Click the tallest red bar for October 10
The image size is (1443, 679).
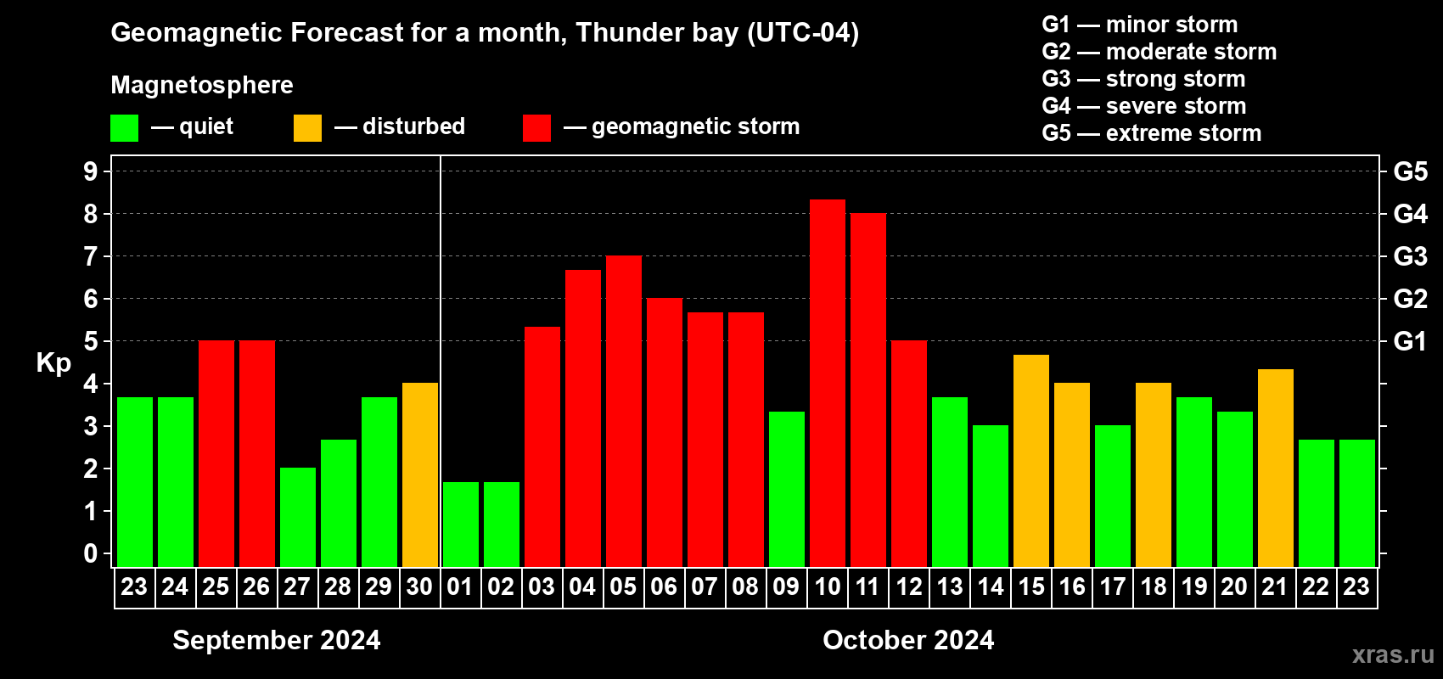827,383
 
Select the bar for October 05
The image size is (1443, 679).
624,411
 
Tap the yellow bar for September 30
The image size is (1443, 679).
420,474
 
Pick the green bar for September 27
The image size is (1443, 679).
298,517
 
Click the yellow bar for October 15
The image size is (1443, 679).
1030,461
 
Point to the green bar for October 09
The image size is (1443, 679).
787,489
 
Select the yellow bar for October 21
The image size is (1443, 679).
1276,468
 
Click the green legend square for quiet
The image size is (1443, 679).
124,127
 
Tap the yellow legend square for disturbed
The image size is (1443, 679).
307,127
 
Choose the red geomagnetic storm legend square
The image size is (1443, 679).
536,127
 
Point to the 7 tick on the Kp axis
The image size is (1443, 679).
90,256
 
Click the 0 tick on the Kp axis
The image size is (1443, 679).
90,553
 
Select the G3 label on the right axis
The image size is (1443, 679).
1410,256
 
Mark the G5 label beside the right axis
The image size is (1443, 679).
1410,171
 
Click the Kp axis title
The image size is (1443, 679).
53,363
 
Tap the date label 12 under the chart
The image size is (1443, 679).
909,586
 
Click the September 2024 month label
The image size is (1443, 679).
277,640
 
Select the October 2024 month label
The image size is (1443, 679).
908,640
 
